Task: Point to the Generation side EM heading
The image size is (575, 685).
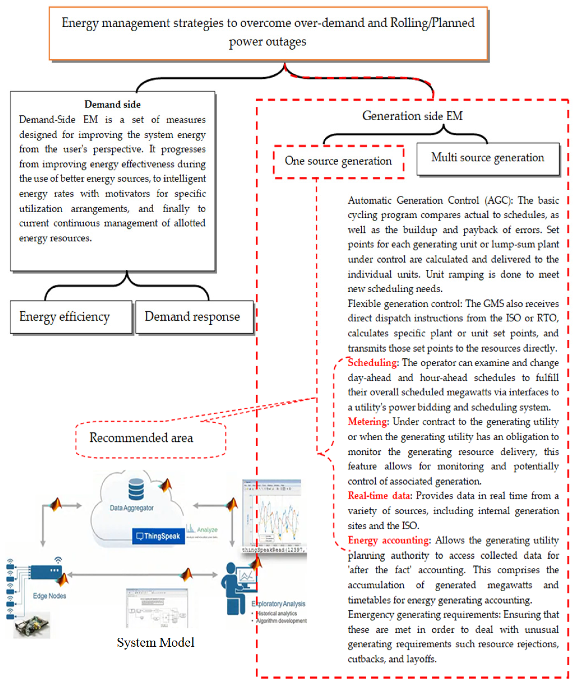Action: (412, 116)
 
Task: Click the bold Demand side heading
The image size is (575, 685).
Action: (113, 104)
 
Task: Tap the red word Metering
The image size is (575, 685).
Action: (367, 422)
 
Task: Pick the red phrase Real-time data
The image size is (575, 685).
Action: (379, 496)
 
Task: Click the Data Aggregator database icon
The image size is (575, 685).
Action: (136, 489)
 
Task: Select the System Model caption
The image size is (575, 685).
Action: (156, 642)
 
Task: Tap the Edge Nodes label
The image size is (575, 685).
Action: (50, 596)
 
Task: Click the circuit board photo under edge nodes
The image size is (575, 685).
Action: (32, 625)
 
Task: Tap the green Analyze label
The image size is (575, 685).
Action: (207, 529)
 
